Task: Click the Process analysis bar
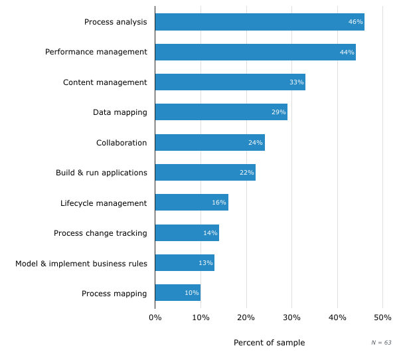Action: coord(260,22)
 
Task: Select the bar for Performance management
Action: coord(255,52)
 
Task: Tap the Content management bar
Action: coord(230,82)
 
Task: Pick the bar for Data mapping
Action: coord(221,112)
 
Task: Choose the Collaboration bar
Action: coord(210,142)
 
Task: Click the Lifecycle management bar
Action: coord(191,203)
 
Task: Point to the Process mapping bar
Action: coord(178,293)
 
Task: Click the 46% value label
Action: coord(355,22)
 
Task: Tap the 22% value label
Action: coord(246,173)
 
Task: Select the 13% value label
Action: coord(205,263)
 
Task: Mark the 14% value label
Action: coord(210,233)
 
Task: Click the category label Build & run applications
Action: coord(101,173)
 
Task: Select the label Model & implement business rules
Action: coord(81,263)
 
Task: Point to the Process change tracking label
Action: coord(100,233)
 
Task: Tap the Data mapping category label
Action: coord(120,112)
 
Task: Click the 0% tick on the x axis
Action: coord(155,317)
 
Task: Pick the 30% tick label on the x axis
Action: coord(291,317)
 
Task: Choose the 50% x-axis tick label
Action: coord(382,317)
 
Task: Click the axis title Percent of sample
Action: coord(269,343)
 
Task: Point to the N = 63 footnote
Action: coord(381,343)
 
